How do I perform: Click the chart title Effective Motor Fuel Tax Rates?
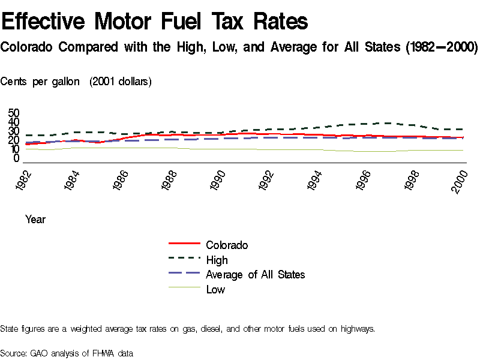155,22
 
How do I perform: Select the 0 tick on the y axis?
17,158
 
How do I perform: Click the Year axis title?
35,220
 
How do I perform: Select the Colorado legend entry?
227,245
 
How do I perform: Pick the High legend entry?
217,260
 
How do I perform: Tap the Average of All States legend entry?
255,275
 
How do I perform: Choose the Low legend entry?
215,290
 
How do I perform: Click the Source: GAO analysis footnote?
67,353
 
